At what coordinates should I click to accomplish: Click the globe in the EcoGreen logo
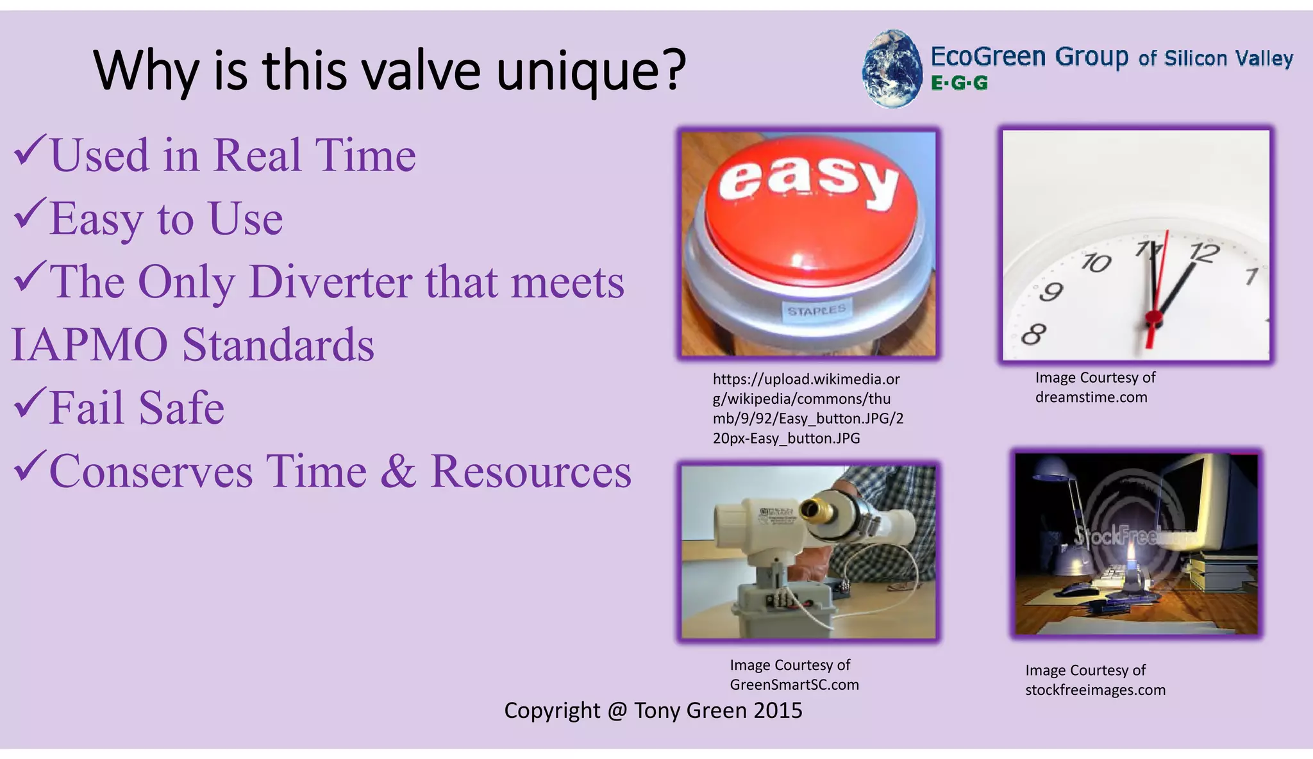(892, 69)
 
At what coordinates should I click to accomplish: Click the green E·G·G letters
(959, 83)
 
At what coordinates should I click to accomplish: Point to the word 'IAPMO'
(90, 345)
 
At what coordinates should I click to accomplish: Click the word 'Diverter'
(330, 282)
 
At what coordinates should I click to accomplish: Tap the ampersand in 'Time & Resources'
(398, 472)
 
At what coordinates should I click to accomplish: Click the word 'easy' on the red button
(808, 179)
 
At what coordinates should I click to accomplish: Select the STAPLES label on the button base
(816, 310)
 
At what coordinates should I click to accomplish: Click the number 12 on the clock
(1203, 252)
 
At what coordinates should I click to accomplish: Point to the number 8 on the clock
(1033, 334)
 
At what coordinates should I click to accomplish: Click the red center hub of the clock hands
(1153, 316)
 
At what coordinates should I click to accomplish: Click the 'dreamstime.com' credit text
(1091, 397)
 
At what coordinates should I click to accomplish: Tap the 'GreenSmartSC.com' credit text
(794, 685)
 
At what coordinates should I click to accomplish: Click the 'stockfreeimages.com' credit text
(1094, 690)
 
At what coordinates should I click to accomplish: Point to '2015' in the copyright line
(778, 711)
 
